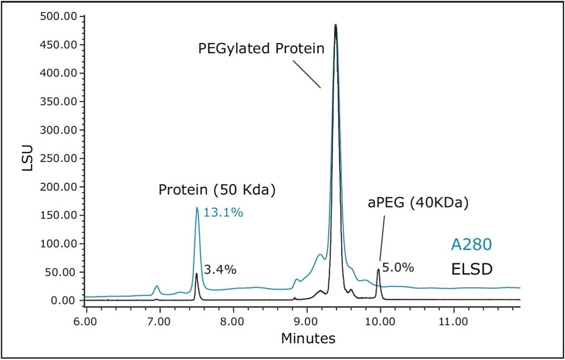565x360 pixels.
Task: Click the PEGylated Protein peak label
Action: click(x=261, y=48)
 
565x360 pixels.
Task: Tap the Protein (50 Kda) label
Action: click(x=217, y=190)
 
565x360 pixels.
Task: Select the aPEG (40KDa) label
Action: click(x=418, y=203)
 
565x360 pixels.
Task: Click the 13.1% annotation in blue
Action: click(x=223, y=213)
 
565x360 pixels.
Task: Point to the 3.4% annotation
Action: click(x=220, y=270)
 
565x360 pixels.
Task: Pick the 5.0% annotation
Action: click(x=398, y=267)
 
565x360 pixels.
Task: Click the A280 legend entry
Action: click(x=471, y=245)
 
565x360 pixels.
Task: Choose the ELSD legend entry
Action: click(x=471, y=269)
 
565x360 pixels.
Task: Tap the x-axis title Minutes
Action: click(x=308, y=338)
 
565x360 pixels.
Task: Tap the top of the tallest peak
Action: click(x=335, y=25)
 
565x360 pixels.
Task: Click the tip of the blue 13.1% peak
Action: click(x=197, y=208)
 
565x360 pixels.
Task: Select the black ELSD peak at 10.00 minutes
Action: click(x=378, y=270)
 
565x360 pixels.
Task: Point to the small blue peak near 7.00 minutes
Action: click(x=156, y=286)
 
